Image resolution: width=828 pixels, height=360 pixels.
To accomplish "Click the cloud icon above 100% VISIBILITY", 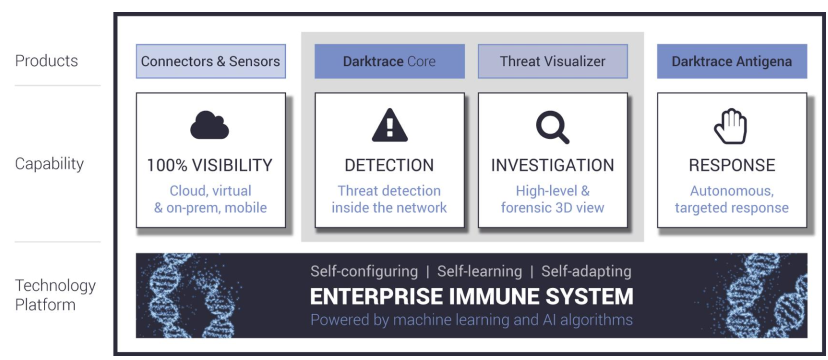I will tap(210, 125).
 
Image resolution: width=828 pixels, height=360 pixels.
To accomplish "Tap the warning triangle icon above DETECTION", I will tap(389, 125).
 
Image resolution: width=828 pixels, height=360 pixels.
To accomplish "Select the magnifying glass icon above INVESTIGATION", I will tap(552, 126).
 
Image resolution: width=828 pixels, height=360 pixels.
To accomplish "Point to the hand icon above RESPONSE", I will tap(731, 125).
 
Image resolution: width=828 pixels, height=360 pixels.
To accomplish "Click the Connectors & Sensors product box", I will tap(210, 61).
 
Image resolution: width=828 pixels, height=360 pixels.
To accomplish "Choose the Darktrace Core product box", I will tap(389, 61).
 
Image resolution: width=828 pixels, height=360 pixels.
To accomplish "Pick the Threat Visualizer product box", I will tap(552, 61).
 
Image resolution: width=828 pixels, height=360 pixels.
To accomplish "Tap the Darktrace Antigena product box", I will tap(731, 61).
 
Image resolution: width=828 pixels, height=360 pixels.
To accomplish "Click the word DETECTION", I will tap(389, 165).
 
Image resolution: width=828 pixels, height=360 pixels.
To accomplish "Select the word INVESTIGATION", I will tap(552, 165).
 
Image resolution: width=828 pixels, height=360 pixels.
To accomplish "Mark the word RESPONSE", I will tap(731, 165).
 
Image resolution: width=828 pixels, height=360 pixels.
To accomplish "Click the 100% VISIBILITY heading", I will tap(210, 165).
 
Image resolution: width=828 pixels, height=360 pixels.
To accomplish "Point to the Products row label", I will tap(47, 61).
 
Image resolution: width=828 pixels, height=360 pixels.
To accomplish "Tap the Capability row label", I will tap(50, 164).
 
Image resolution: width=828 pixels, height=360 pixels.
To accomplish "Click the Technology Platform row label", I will tap(55, 294).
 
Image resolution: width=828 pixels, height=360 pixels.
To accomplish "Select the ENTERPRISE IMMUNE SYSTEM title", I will tap(471, 296).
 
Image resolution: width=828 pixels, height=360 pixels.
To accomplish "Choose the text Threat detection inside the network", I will tap(389, 199).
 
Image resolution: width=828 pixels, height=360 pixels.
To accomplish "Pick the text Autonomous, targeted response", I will tap(731, 199).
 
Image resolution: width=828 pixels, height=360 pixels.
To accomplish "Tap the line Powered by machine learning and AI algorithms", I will tap(471, 320).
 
